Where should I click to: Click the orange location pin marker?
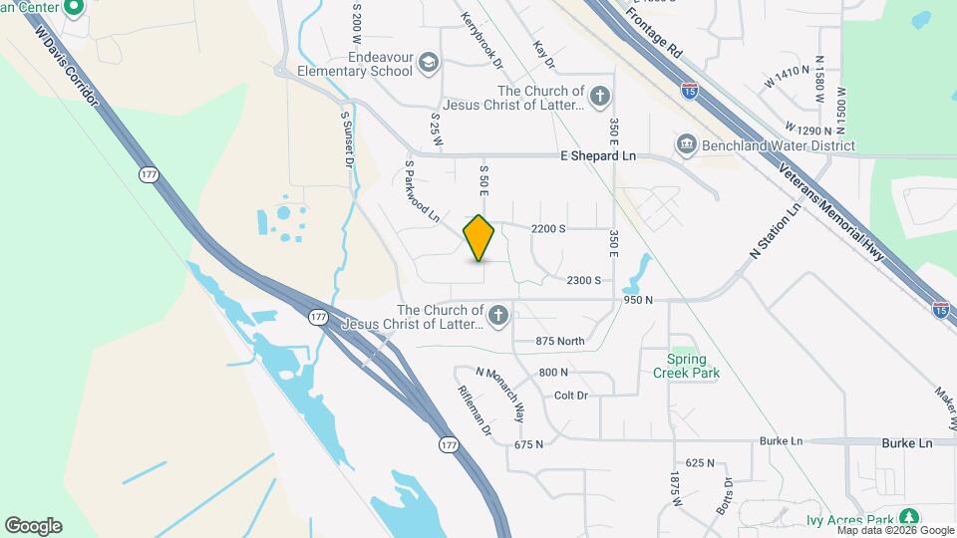point(479,238)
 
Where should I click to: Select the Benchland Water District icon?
point(686,145)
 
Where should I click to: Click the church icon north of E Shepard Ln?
point(599,97)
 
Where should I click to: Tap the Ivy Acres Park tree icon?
point(907,518)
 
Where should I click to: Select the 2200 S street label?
point(548,228)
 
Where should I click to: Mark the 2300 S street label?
point(583,280)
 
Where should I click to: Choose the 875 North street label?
point(559,341)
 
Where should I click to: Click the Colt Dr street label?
point(570,396)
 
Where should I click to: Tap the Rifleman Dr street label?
point(475,410)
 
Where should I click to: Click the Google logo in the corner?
point(33,526)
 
